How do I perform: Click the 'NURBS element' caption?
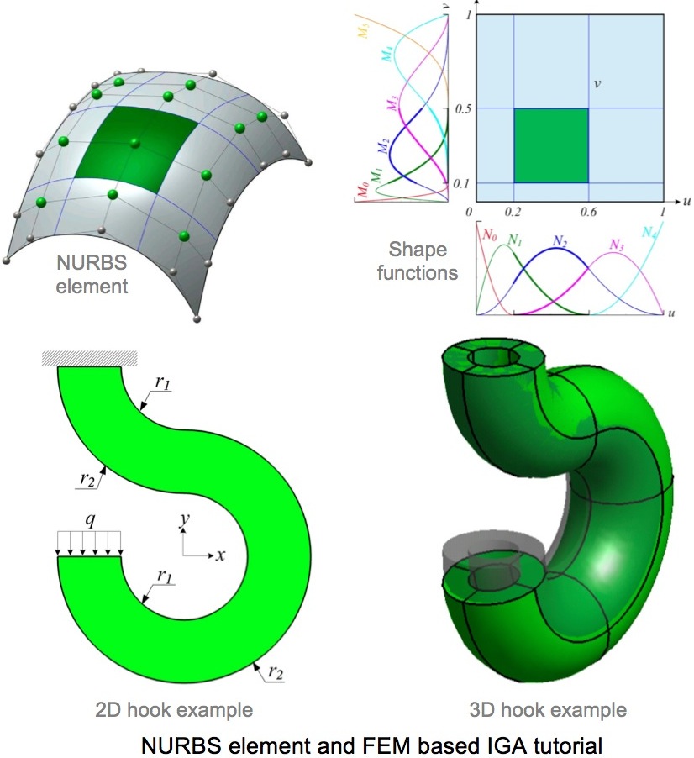point(92,274)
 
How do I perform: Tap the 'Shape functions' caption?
point(418,261)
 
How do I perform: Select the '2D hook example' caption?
point(174,710)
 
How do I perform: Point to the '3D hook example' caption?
point(548,710)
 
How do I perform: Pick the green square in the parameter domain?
point(551,145)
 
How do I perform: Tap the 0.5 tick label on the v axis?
point(462,108)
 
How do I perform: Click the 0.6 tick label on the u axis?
point(588,212)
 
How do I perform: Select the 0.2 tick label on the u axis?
point(513,212)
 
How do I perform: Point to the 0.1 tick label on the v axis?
point(461,184)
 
